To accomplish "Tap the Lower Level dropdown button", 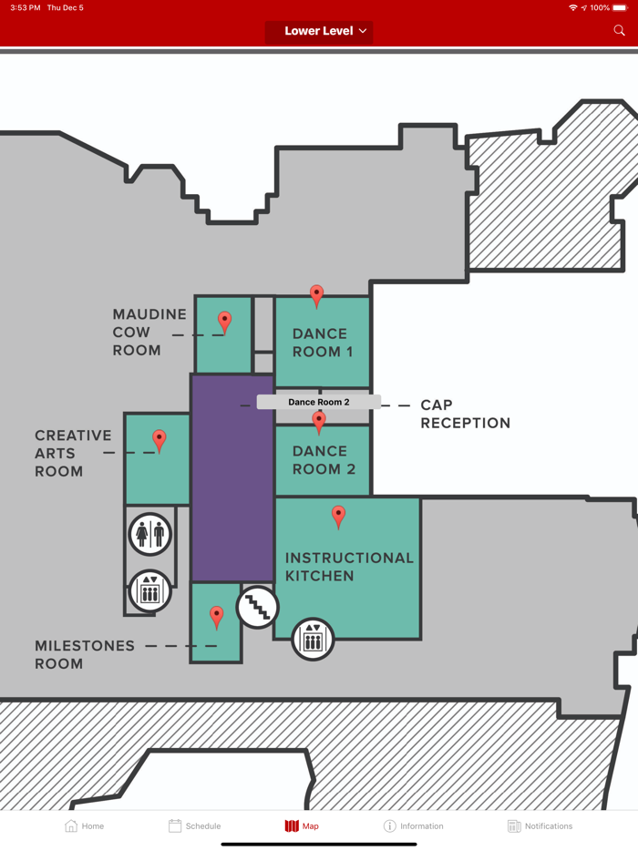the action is coord(319,32).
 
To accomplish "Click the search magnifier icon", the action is coord(619,30).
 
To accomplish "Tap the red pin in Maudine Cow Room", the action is coord(224,323).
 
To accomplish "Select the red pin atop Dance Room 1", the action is coord(316,296).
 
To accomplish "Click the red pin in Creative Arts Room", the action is coord(159,441).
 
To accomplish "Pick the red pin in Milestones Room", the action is coord(217,618).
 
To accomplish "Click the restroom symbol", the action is coord(150,534).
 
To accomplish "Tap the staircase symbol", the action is coord(257,608).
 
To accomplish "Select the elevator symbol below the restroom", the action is coord(149,591).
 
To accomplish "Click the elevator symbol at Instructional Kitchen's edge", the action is coord(313,640).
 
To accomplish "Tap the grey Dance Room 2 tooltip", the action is coord(319,402).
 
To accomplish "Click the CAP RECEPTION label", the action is coord(466,414).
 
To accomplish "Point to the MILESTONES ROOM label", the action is coord(85,654).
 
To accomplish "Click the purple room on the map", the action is coord(232,477).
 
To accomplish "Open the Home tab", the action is coord(84,826).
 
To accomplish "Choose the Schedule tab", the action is coord(194,826).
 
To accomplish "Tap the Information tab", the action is coord(413,826).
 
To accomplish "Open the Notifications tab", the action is coord(540,826).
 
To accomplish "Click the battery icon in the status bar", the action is coord(620,7).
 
